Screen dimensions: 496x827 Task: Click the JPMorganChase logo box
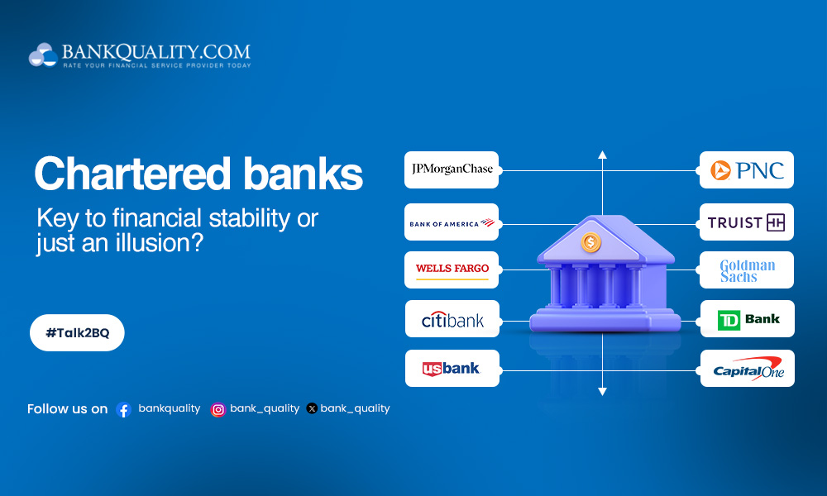tap(452, 169)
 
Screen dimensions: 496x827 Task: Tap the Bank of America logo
tap(452, 222)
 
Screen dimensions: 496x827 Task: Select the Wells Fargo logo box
tap(452, 269)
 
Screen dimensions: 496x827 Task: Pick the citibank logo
tap(452, 319)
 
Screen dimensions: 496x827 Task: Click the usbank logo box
tap(452, 369)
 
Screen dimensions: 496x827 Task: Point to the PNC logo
tap(747, 170)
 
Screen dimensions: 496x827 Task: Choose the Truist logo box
tap(747, 222)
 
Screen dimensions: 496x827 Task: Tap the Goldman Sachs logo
tap(747, 270)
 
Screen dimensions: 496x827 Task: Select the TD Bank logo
tap(747, 319)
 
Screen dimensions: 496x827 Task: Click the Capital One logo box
tap(747, 369)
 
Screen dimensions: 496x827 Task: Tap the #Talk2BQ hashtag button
tap(77, 332)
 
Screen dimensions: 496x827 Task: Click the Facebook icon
tap(124, 409)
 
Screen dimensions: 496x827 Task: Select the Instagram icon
tap(218, 409)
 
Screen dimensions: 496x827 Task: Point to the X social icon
tap(312, 408)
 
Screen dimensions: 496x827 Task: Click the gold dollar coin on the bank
tap(590, 242)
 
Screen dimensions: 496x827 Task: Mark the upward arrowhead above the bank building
tap(602, 155)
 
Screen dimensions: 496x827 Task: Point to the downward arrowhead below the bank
tap(602, 391)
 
